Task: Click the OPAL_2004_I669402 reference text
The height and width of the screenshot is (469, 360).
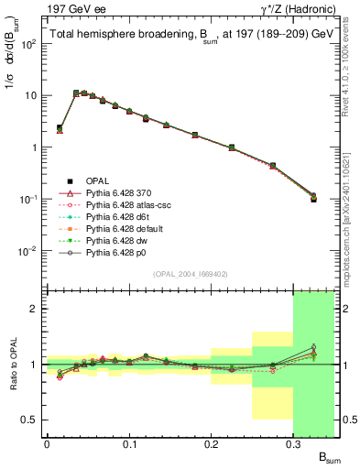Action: (190, 274)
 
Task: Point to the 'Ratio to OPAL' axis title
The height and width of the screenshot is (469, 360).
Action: (14, 364)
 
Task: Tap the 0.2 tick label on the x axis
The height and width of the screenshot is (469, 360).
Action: (211, 444)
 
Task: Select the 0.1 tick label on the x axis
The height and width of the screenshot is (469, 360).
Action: (128, 444)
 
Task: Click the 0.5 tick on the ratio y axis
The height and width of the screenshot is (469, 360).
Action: (32, 420)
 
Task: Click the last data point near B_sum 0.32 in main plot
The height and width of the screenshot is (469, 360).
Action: (313, 197)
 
